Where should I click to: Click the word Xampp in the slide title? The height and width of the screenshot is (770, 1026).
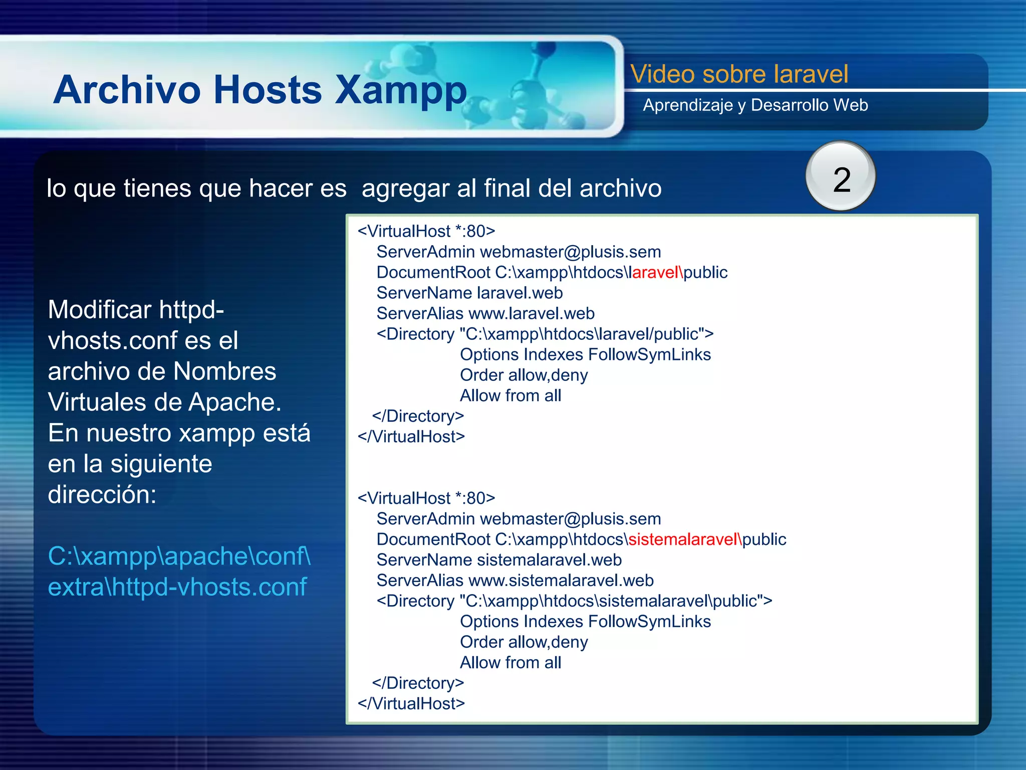[401, 90]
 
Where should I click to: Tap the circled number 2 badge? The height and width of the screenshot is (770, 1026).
[841, 177]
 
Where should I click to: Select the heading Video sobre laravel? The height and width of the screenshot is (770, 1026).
[739, 74]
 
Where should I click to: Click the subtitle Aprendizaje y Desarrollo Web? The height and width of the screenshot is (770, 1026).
[755, 105]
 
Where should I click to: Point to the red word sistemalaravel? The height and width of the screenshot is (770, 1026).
[684, 539]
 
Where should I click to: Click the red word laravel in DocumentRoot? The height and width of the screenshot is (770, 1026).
[656, 272]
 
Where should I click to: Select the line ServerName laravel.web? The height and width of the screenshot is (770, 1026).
[469, 293]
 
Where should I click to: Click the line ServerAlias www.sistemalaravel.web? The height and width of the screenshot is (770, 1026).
[515, 581]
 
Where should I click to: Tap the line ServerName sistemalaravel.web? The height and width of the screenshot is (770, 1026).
[499, 560]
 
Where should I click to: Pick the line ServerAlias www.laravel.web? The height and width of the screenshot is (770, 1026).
[485, 313]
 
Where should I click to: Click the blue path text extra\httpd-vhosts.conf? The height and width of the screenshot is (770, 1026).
[177, 587]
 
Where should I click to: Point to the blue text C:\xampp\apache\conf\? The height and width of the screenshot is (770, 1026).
[179, 556]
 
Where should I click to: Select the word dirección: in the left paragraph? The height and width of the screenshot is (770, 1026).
[102, 495]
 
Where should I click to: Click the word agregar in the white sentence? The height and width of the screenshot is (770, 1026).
[405, 188]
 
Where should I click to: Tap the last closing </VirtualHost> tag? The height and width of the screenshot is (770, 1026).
[411, 704]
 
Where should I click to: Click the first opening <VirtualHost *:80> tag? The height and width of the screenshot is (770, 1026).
[426, 231]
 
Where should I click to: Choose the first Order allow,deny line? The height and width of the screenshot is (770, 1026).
[524, 375]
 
